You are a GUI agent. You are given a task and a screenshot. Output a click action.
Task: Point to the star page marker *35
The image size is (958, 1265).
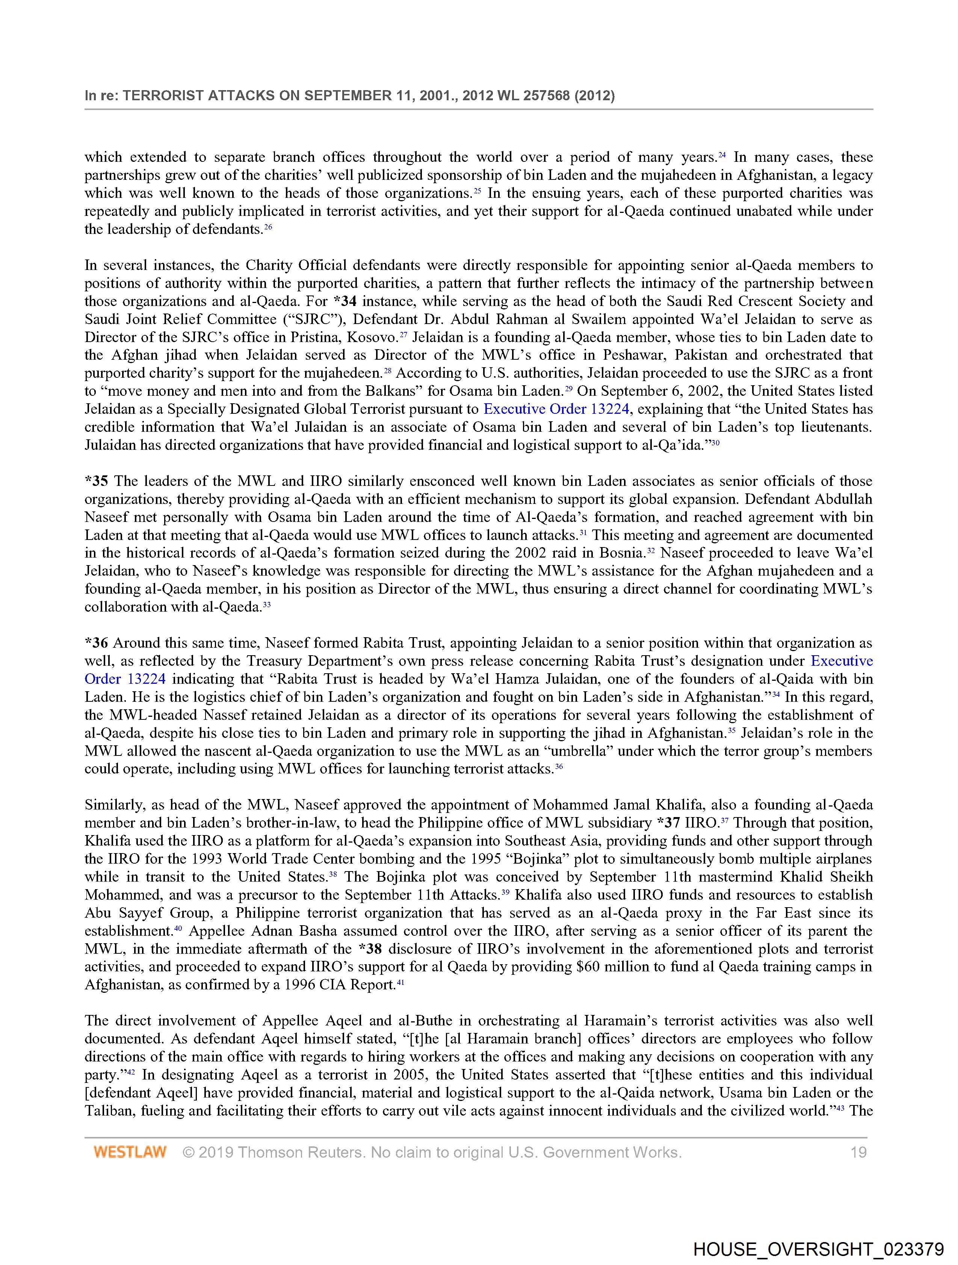click(96, 481)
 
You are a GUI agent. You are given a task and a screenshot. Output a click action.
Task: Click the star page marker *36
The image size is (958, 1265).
click(96, 643)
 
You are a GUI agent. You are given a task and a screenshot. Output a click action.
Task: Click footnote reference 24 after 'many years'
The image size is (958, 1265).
click(722, 155)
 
